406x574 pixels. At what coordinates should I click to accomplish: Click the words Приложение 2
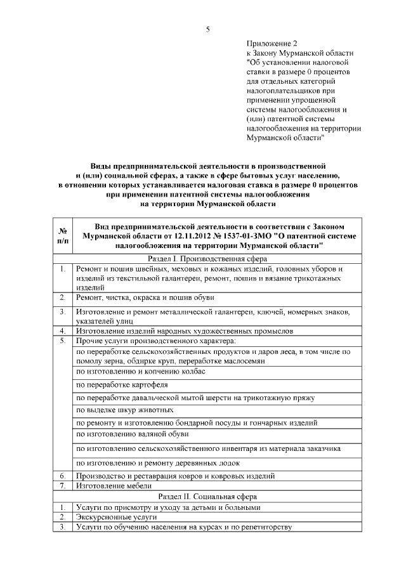(267, 43)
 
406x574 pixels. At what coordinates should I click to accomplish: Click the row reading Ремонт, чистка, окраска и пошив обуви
(145, 297)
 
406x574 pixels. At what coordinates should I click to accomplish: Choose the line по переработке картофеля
(122, 384)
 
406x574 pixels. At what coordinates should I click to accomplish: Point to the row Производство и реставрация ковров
(175, 475)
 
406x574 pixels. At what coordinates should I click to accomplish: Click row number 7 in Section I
(63, 485)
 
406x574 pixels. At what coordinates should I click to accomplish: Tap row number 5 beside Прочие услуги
(63, 341)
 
